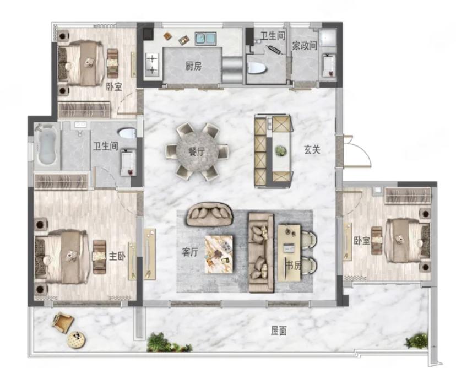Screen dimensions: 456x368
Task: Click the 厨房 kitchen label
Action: pos(193,66)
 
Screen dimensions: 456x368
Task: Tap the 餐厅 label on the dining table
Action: pos(197,151)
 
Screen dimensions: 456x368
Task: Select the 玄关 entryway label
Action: pos(312,150)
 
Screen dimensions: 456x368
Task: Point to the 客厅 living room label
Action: pos(190,252)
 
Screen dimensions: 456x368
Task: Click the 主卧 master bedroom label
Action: pos(117,256)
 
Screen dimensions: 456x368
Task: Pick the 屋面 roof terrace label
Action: pos(279,331)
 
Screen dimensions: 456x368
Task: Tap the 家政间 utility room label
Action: pos(305,46)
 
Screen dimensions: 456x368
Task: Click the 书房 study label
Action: pos(293,266)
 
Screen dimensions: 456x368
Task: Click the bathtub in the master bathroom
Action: pos(46,145)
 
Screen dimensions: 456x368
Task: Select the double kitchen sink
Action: pos(205,39)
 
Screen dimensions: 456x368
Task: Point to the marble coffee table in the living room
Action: pos(219,254)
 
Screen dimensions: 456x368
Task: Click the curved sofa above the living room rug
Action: pos(209,214)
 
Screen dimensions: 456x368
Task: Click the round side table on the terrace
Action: pos(77,340)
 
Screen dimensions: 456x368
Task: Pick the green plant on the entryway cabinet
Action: pos(281,150)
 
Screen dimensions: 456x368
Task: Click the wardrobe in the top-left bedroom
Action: pos(84,110)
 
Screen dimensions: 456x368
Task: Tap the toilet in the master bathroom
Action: pos(127,133)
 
